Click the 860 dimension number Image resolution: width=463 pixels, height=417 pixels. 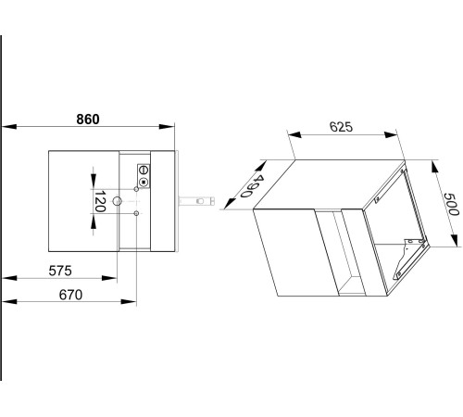click(x=88, y=120)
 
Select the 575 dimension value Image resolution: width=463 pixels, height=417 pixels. click(x=60, y=271)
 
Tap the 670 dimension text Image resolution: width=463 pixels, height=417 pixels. click(x=70, y=295)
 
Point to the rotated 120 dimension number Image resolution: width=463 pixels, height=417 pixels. click(x=100, y=201)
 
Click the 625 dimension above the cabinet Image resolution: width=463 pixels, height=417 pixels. click(x=341, y=127)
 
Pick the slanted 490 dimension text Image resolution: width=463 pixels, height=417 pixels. click(x=253, y=186)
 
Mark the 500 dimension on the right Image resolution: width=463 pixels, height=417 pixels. click(x=451, y=204)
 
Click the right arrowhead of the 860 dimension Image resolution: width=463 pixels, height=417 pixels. click(x=167, y=126)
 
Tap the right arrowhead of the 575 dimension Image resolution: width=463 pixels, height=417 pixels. click(x=109, y=278)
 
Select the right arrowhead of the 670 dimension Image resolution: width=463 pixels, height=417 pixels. click(x=129, y=301)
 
